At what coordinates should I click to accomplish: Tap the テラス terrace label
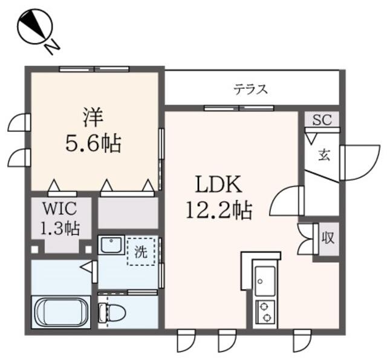pyautogui.click(x=251, y=89)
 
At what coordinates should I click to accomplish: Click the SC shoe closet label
pyautogui.click(x=322, y=120)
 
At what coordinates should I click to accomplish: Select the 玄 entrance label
pyautogui.click(x=324, y=155)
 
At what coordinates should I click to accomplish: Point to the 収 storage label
pyautogui.click(x=328, y=238)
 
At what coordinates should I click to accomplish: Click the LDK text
pyautogui.click(x=218, y=184)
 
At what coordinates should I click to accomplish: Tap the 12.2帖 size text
pyautogui.click(x=219, y=210)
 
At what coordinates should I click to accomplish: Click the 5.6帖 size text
pyautogui.click(x=93, y=143)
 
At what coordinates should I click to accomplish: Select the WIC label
pyautogui.click(x=60, y=208)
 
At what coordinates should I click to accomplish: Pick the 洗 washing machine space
pyautogui.click(x=141, y=252)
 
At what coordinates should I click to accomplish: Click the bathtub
pyautogui.click(x=60, y=312)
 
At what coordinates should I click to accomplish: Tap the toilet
pyautogui.click(x=112, y=313)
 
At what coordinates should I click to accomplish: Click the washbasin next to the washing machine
pyautogui.click(x=111, y=245)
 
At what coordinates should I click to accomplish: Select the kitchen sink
pyautogui.click(x=265, y=281)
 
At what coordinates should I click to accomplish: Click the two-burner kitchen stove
pyautogui.click(x=265, y=312)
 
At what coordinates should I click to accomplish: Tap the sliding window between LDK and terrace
pyautogui.click(x=239, y=108)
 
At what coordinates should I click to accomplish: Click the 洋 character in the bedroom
pyautogui.click(x=93, y=117)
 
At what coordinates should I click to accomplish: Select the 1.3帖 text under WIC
pyautogui.click(x=60, y=228)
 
